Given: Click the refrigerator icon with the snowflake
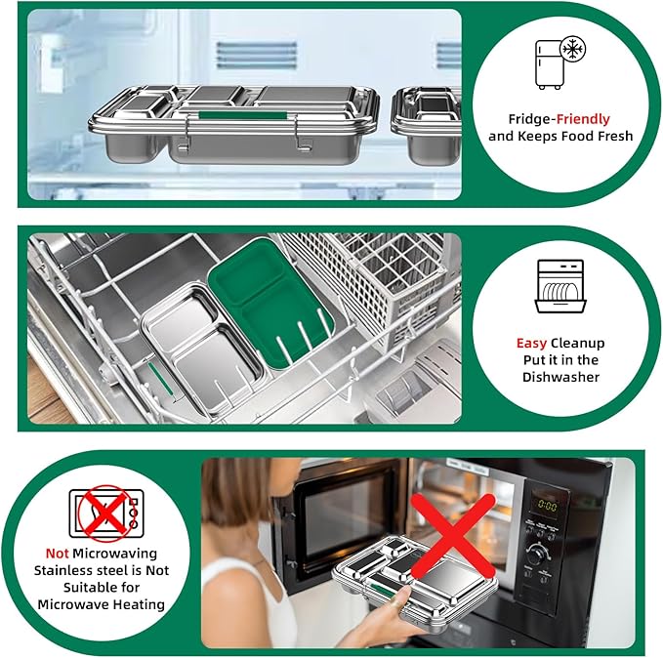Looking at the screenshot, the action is click(x=560, y=62).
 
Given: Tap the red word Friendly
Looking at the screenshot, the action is click(x=583, y=119).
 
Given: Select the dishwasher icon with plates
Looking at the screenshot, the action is click(x=560, y=287).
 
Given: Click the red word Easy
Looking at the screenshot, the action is click(x=531, y=344).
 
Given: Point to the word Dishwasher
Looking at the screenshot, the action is click(x=560, y=377).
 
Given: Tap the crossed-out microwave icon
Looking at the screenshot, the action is click(x=106, y=514).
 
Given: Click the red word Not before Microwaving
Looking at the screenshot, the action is click(x=57, y=554).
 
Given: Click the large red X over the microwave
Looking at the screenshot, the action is click(x=453, y=536).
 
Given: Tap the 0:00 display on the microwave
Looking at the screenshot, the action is click(x=547, y=505).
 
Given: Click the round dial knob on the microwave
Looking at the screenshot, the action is click(x=538, y=552).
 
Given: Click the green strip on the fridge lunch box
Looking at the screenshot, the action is click(x=243, y=115).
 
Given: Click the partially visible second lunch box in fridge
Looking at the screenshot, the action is click(x=426, y=125).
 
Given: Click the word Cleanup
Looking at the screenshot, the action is click(x=578, y=344).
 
